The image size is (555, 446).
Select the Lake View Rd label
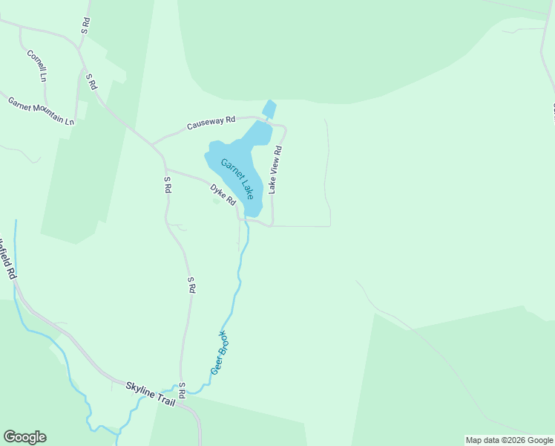point(275,170)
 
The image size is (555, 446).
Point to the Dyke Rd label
point(223,195)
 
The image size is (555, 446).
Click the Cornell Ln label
point(37,65)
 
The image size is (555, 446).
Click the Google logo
point(24,437)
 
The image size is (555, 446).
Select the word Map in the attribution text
point(474,440)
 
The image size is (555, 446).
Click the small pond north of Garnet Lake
point(269,109)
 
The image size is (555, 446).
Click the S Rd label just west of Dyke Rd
point(168,185)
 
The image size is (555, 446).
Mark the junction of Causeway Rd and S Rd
point(151,143)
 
